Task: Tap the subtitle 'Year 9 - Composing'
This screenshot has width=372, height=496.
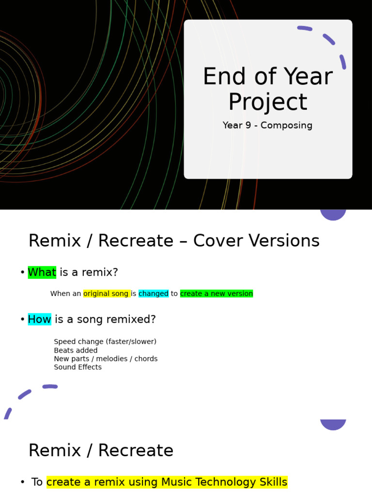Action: pos(267,125)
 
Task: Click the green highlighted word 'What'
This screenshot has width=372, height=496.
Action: pos(42,272)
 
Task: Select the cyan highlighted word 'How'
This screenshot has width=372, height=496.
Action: pos(39,319)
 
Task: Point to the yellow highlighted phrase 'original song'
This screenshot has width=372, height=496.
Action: pos(106,294)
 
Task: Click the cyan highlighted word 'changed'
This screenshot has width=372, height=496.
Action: pos(154,294)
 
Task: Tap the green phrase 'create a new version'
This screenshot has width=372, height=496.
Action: pos(217,294)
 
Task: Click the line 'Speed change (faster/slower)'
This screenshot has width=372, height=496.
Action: pos(105,341)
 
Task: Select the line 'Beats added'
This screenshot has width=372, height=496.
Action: pos(76,350)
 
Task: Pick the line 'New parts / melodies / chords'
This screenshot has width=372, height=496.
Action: pos(106,359)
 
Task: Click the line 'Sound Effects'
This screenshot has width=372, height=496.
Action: pos(77,367)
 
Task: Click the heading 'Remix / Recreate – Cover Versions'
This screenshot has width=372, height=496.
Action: pos(174,241)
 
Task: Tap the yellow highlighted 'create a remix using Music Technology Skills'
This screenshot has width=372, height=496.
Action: pos(167,482)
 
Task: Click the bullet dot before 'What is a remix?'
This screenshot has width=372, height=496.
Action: pos(22,273)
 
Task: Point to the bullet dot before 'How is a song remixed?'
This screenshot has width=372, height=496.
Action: pos(22,320)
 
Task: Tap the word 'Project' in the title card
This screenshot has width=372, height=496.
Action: pos(267,102)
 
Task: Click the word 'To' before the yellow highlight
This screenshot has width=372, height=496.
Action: pos(37,482)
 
